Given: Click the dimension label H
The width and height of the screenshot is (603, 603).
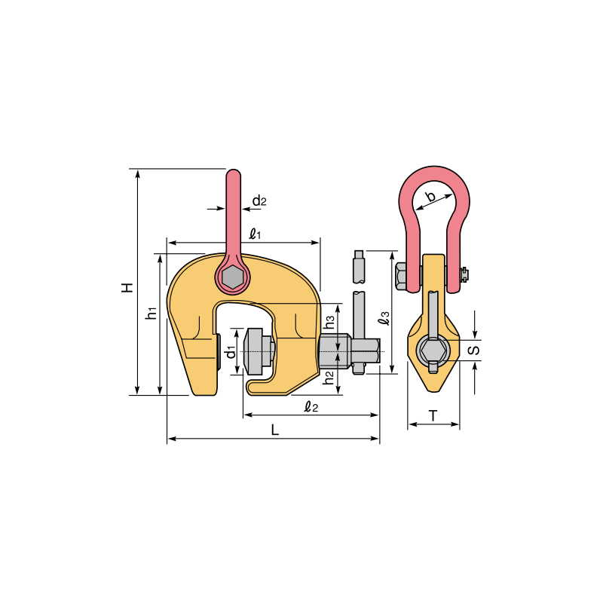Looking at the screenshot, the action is pyautogui.click(x=127, y=287).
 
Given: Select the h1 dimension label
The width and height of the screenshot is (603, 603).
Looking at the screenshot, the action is pyautogui.click(x=152, y=313).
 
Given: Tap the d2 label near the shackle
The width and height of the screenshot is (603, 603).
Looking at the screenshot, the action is pyautogui.click(x=259, y=200).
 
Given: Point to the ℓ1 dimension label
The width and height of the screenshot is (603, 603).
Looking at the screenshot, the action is pyautogui.click(x=256, y=234).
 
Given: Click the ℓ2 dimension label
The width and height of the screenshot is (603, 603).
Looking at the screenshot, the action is pyautogui.click(x=311, y=406).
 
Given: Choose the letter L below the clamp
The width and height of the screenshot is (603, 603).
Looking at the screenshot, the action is pyautogui.click(x=274, y=430).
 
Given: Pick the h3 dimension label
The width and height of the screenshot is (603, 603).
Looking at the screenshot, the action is pyautogui.click(x=329, y=322).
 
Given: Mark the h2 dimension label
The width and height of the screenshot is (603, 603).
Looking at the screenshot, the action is pyautogui.click(x=329, y=378).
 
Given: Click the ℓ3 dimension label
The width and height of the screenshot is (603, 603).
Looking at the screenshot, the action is pyautogui.click(x=384, y=318).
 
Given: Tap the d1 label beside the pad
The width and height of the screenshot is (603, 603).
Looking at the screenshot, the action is pyautogui.click(x=231, y=352).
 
